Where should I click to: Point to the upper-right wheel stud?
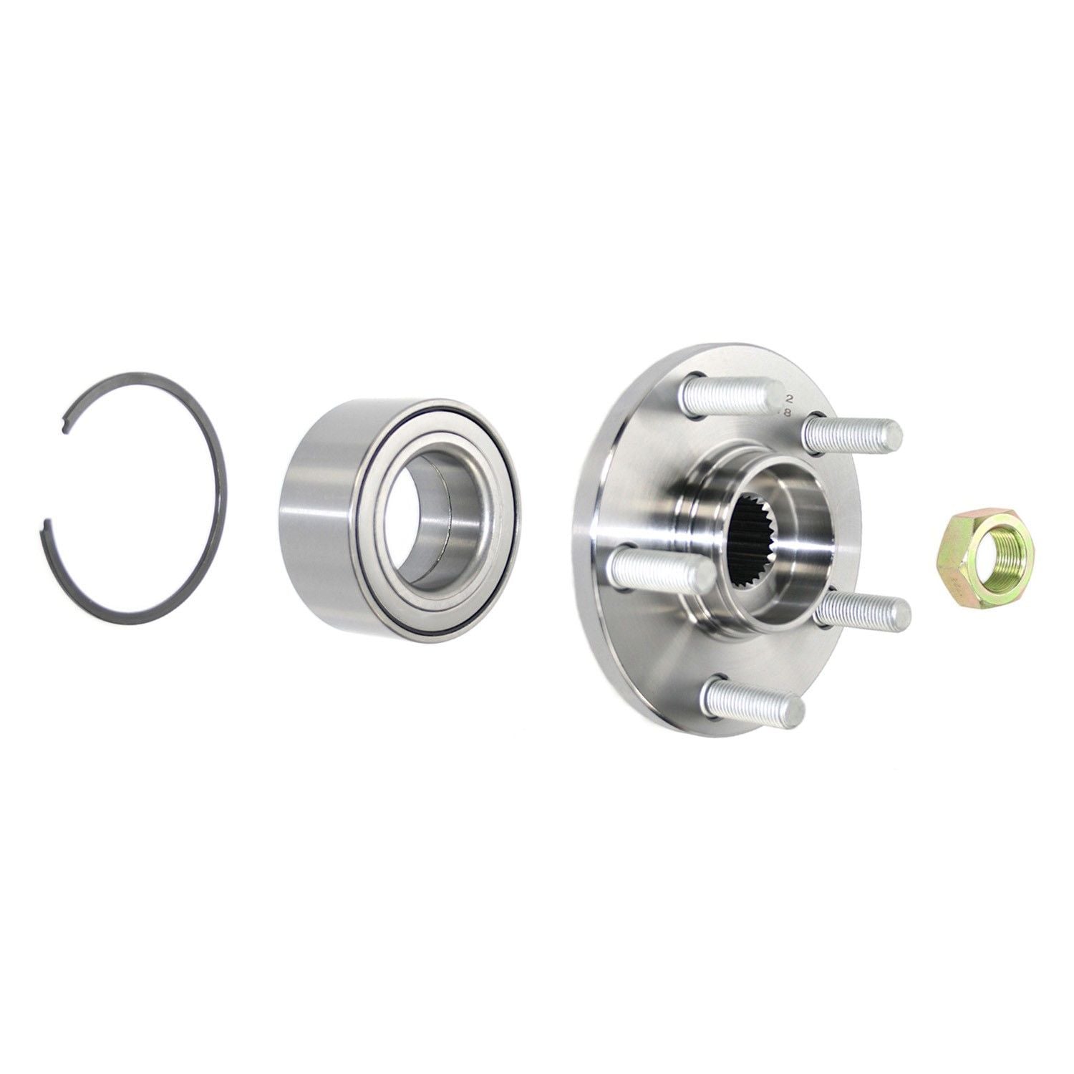(848, 435)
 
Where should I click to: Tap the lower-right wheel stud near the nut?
(859, 611)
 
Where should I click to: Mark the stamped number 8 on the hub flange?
(788, 412)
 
